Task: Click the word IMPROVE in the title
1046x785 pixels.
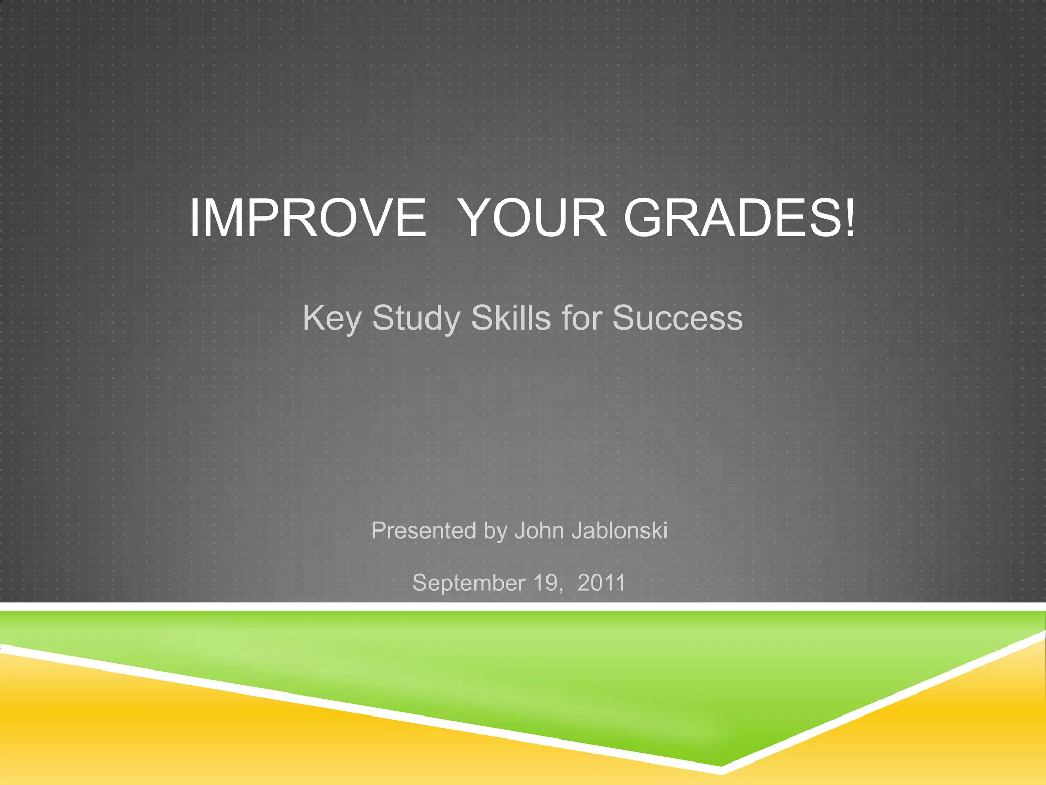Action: click(308, 218)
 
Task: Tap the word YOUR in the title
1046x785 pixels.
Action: click(533, 218)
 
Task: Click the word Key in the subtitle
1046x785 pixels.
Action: click(331, 318)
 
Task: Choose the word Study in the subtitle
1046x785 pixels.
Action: click(416, 318)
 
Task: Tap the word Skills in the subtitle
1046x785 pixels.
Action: click(511, 317)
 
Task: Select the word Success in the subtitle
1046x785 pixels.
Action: click(678, 318)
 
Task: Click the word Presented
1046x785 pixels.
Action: click(423, 530)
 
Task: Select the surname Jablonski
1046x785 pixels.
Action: click(619, 530)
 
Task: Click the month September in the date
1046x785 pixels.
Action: click(468, 583)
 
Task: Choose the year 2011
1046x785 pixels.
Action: click(601, 583)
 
